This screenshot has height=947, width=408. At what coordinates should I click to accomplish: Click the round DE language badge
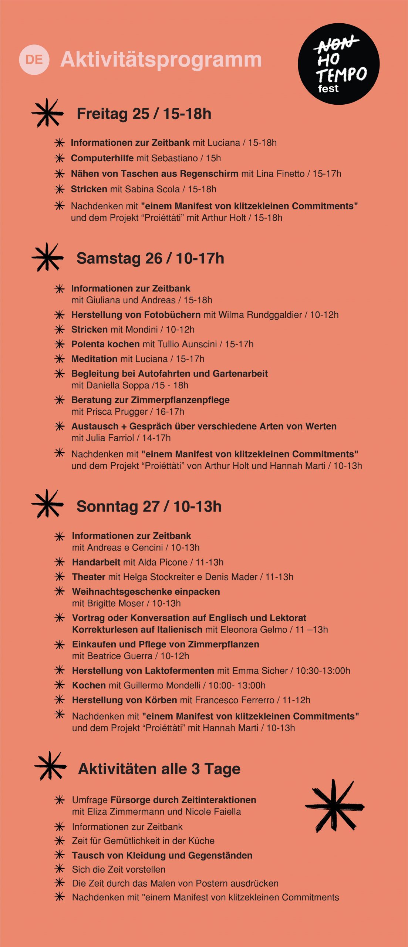(34, 60)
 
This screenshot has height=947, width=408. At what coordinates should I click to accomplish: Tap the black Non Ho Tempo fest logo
(338, 64)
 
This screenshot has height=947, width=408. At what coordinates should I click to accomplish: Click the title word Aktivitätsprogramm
(161, 60)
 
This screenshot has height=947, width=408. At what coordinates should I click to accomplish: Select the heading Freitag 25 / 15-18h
(144, 114)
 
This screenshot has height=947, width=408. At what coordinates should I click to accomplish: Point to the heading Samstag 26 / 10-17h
(150, 259)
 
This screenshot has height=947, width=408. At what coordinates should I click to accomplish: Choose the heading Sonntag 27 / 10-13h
(149, 506)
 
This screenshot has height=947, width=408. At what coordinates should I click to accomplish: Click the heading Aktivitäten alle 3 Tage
(159, 769)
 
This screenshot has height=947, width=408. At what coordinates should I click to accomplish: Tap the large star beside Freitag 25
(47, 113)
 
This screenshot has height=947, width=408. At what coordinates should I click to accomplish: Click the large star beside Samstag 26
(47, 257)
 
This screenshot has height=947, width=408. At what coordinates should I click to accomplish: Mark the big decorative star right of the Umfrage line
(334, 806)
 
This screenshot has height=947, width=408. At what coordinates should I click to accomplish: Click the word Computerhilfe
(102, 158)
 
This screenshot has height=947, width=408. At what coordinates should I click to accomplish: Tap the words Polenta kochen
(105, 344)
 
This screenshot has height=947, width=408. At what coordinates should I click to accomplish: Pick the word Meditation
(94, 359)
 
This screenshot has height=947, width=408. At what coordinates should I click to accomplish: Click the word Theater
(89, 577)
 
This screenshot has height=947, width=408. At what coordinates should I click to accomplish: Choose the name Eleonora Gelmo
(253, 630)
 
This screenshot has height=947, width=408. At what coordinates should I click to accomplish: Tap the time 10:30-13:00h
(323, 671)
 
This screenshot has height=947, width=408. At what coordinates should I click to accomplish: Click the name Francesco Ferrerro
(235, 700)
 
